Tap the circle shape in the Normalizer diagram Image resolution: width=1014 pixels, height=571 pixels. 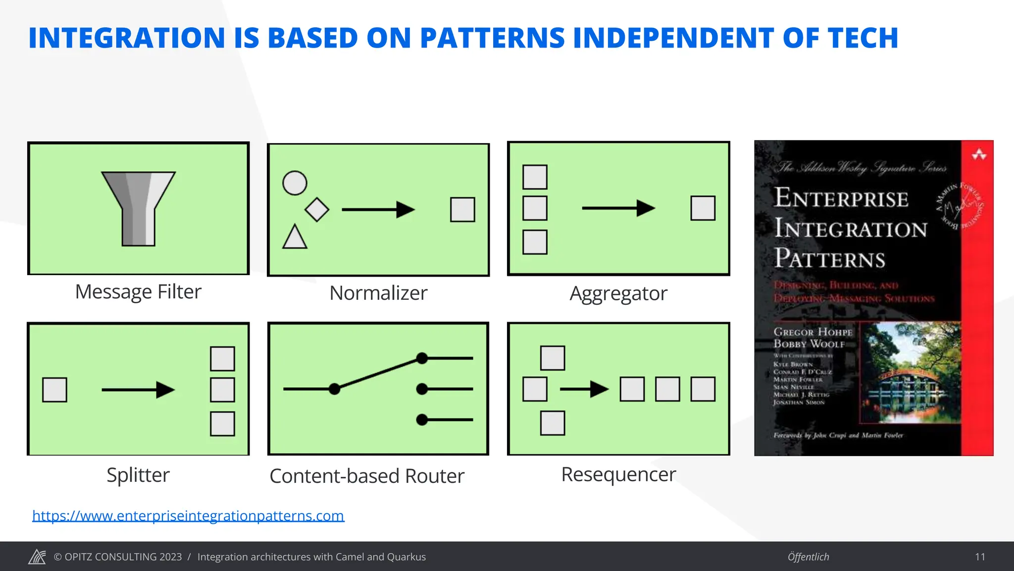295,183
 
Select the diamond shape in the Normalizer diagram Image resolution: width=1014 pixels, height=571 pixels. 317,209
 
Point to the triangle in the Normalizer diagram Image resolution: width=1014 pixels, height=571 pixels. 295,237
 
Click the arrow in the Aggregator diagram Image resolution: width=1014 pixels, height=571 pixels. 618,208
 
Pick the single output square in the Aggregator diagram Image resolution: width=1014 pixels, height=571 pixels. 703,208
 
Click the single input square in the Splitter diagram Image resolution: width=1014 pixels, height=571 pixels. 54,390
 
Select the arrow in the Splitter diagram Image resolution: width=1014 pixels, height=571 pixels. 138,390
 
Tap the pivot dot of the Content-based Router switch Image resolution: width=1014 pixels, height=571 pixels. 335,389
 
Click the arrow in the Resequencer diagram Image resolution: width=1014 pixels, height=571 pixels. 584,389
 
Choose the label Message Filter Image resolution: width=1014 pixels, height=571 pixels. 138,291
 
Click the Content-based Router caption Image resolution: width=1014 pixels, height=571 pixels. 367,476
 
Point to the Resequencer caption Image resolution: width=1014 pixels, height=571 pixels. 618,474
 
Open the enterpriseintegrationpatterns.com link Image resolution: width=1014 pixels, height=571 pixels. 188,515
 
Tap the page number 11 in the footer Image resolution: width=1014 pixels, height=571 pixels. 980,557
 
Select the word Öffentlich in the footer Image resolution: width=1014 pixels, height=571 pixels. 808,557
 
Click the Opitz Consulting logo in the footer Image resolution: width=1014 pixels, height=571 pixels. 37,557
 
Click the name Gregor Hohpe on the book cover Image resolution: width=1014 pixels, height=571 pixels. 813,332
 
